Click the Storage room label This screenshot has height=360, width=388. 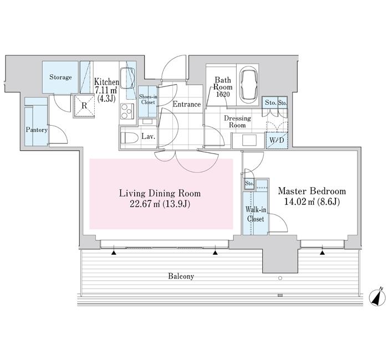tap(60, 77)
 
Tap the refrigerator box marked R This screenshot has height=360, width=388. tap(84, 106)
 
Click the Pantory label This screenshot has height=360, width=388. tap(37, 130)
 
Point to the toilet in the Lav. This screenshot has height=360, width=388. tap(129, 138)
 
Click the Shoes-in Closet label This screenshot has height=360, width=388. tap(148, 99)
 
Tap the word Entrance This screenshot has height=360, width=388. tap(187, 104)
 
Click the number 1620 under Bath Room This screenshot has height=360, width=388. tap(222, 94)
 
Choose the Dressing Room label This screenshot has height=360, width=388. tap(237, 122)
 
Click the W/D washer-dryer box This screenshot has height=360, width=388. tap(277, 140)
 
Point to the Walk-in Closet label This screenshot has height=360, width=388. tap(256, 214)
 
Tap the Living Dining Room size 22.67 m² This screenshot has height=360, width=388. tap(145, 204)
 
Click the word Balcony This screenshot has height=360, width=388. tap(181, 276)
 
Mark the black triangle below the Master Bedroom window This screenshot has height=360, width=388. tap(322, 253)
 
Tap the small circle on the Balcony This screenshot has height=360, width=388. tap(280, 278)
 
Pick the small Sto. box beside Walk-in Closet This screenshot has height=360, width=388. tap(249, 184)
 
